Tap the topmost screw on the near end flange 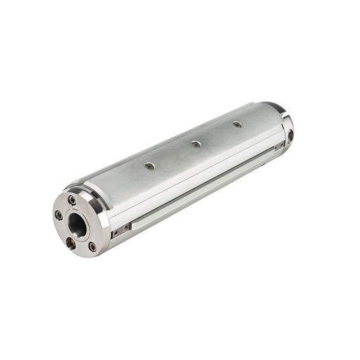coord(73,200)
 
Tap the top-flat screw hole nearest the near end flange coord(149,166)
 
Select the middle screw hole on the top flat coord(196,144)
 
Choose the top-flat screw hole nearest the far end coord(237,124)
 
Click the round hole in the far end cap coord(291,135)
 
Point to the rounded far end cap coord(285,124)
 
